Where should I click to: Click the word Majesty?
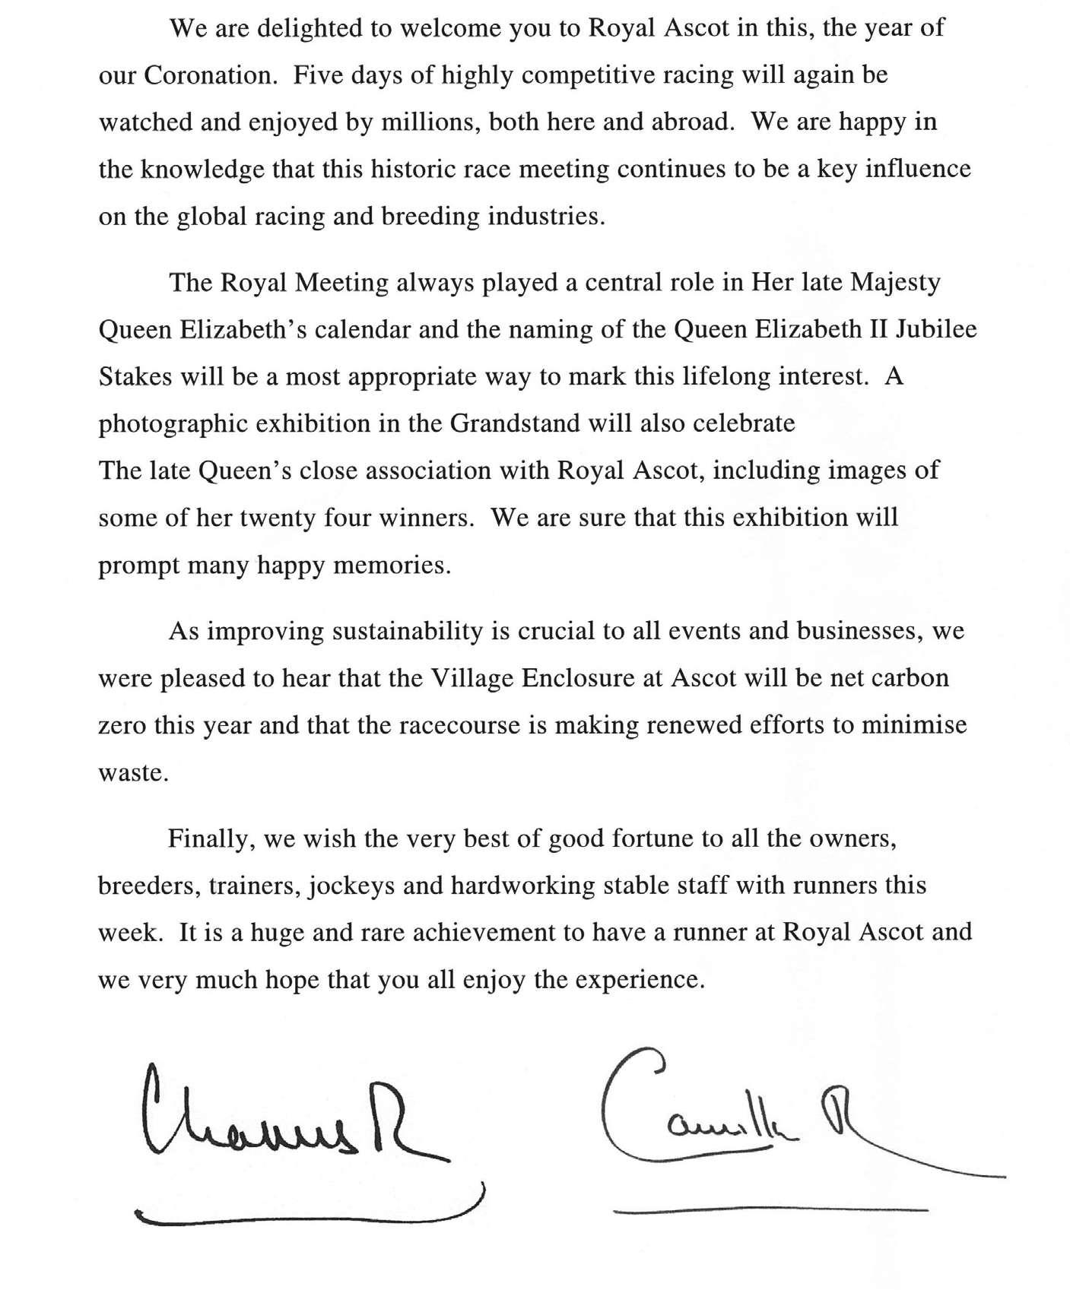pos(896,283)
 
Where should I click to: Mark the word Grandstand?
pos(517,423)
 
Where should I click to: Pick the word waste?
pos(131,773)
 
